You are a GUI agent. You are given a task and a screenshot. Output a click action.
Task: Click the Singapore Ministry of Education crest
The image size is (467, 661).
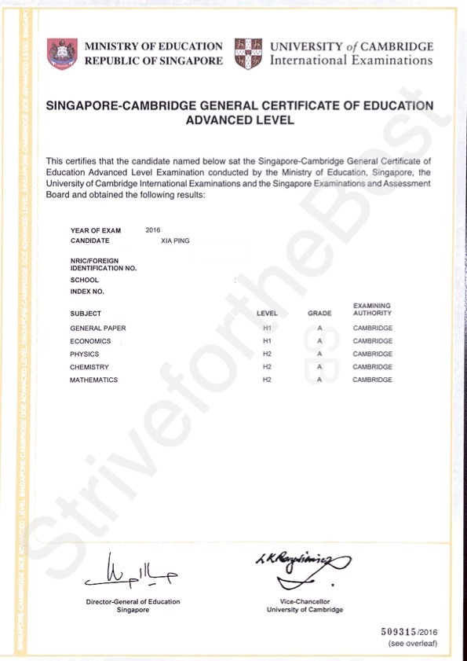(x=62, y=53)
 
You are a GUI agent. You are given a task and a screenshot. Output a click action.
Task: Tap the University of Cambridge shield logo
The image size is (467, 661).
(x=248, y=53)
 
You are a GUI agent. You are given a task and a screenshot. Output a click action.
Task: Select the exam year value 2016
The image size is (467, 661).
(x=153, y=230)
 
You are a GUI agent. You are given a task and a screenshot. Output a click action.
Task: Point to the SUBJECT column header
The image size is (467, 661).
(x=86, y=314)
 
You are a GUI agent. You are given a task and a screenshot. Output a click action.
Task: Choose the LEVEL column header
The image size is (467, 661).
(x=267, y=314)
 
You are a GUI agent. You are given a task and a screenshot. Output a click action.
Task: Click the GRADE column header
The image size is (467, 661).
(x=319, y=314)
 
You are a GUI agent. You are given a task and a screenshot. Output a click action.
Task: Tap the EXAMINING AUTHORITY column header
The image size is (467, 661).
(x=372, y=309)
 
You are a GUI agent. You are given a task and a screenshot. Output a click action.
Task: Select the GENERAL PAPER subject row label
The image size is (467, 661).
(x=98, y=328)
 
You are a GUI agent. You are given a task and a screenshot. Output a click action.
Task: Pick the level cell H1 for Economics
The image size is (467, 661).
(x=267, y=341)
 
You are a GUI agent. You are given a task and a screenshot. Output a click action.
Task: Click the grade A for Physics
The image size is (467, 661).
(x=320, y=354)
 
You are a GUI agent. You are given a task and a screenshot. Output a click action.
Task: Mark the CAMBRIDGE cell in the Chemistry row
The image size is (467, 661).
(x=372, y=367)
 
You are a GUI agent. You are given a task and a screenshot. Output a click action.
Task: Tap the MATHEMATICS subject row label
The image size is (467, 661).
(x=93, y=380)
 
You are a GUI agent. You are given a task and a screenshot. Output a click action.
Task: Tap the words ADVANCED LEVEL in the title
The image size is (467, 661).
(x=239, y=120)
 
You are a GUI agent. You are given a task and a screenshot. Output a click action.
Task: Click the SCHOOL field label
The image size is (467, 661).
(x=84, y=280)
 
